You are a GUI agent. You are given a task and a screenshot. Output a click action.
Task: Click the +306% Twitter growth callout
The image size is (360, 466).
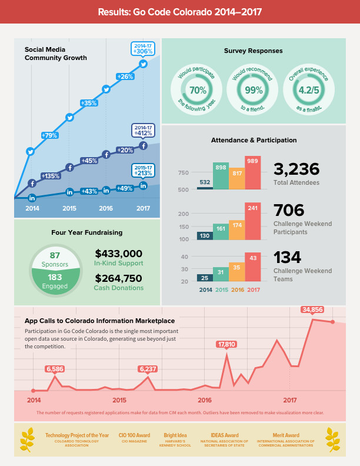(x=143, y=48)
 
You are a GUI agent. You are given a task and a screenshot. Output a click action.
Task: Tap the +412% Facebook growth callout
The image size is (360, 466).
(x=143, y=131)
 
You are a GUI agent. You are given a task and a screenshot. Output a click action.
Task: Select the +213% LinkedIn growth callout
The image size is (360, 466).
(x=143, y=171)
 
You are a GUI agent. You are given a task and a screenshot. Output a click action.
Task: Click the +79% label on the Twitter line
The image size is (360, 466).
(x=49, y=135)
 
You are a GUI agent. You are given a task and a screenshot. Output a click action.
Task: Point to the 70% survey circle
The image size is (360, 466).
(x=198, y=91)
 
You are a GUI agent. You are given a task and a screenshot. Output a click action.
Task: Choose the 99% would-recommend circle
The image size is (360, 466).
(x=254, y=91)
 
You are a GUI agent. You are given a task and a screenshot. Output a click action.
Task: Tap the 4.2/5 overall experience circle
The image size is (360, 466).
(x=309, y=91)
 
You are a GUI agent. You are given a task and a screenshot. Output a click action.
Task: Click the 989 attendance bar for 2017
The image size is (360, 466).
(x=253, y=173)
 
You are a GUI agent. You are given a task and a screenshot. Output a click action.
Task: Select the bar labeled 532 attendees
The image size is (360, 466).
(x=205, y=188)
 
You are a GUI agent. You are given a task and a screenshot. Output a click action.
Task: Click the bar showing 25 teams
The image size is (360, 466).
(x=205, y=278)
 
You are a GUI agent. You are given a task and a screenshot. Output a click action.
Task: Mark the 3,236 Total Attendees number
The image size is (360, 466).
(x=296, y=169)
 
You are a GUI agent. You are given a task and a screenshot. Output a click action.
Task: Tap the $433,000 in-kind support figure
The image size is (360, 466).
(x=118, y=253)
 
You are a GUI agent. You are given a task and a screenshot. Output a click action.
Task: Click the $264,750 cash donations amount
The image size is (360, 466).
(x=118, y=278)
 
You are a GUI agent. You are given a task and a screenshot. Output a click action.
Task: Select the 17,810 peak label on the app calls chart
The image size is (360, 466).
(x=226, y=344)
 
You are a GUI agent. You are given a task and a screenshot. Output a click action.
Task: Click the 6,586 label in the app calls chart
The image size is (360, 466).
(x=55, y=369)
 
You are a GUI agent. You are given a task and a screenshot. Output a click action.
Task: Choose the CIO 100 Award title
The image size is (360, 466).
(x=134, y=435)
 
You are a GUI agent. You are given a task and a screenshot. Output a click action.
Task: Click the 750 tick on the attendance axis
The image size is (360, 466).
(x=184, y=172)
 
